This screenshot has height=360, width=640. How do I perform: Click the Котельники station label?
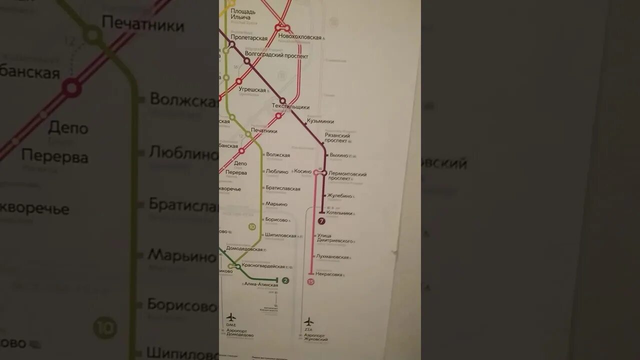(x=339, y=213)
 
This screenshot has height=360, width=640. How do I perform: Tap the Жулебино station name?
(x=340, y=196)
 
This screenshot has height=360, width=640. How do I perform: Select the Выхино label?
(x=338, y=155)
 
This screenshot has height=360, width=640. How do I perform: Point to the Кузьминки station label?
(x=320, y=121)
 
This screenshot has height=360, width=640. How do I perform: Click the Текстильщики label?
(x=290, y=107)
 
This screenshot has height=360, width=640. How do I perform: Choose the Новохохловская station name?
(x=300, y=37)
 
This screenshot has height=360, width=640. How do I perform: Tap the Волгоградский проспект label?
(x=276, y=56)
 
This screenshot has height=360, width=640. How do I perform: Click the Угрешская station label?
(x=252, y=90)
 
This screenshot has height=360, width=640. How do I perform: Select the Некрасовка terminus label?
(x=329, y=274)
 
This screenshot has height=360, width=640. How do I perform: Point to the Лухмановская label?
(x=332, y=257)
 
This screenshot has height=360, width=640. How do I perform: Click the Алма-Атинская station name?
(x=260, y=284)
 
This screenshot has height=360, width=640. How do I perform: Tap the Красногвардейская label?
(x=263, y=266)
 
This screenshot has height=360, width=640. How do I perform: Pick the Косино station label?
(x=302, y=171)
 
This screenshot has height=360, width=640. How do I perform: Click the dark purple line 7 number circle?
(x=321, y=221)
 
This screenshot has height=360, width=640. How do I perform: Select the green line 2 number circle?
(x=285, y=280)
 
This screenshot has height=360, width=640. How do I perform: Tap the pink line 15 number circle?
(x=311, y=282)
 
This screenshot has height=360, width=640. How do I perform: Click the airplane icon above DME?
(x=231, y=317)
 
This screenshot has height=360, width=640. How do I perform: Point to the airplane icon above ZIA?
(x=309, y=321)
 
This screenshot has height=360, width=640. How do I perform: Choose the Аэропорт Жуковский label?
(x=316, y=337)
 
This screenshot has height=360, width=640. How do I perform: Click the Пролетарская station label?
(x=249, y=38)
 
